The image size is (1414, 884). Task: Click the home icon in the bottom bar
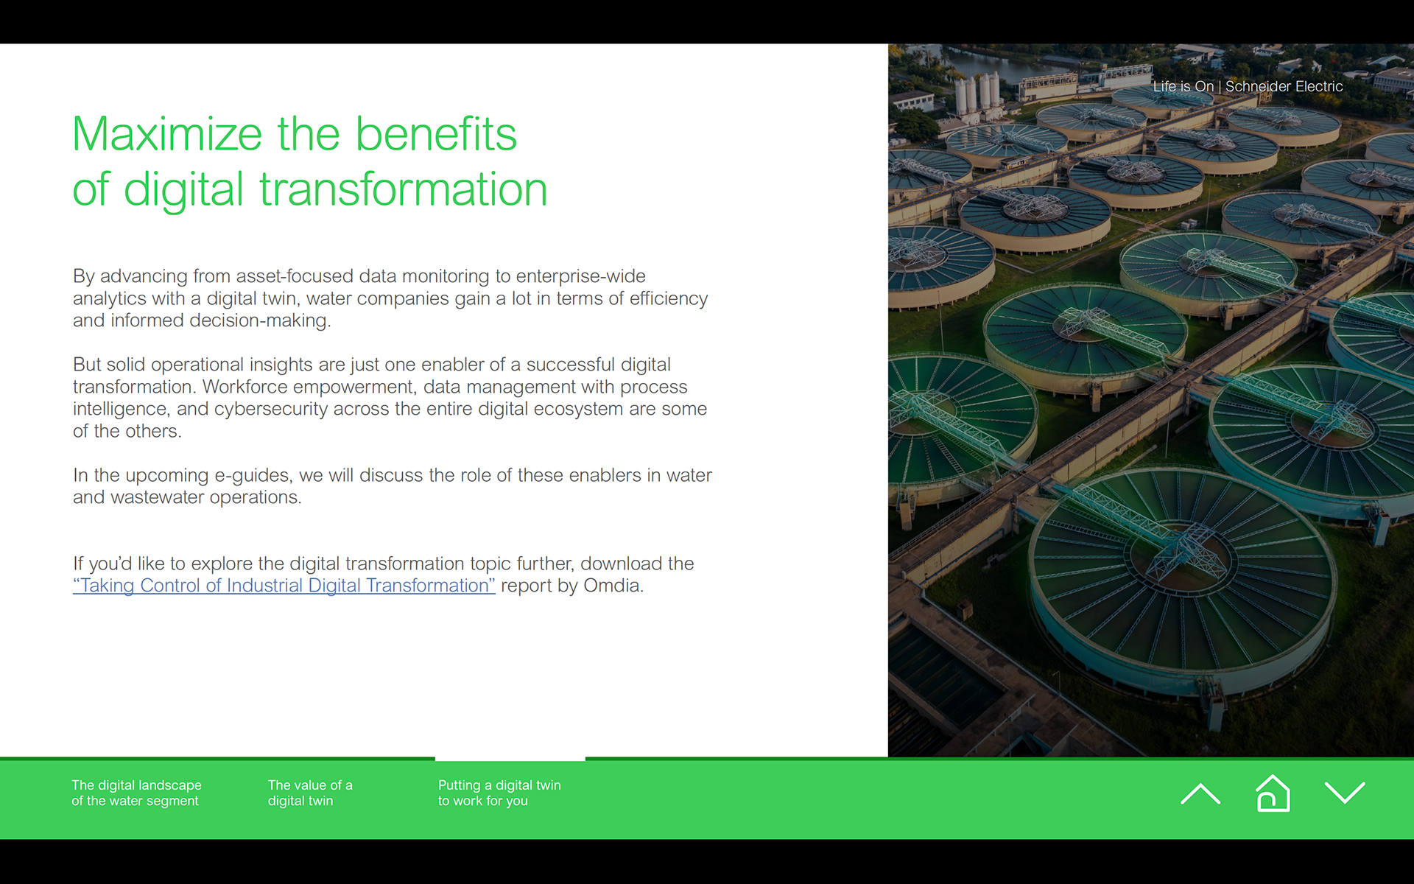click(x=1273, y=793)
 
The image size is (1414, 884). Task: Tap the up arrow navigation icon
click(x=1200, y=793)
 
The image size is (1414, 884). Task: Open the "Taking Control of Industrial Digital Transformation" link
click(x=284, y=586)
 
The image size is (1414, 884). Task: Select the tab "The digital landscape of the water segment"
click(x=136, y=793)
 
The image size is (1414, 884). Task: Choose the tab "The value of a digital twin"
click(x=310, y=793)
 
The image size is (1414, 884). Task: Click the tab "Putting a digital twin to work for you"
click(x=499, y=793)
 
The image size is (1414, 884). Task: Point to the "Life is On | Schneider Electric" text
click(x=1248, y=86)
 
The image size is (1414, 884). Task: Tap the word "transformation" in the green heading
click(x=404, y=189)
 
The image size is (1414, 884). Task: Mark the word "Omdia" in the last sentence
click(x=613, y=586)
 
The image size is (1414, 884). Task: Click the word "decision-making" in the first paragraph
click(x=260, y=320)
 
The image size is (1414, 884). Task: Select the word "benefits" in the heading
click(x=436, y=134)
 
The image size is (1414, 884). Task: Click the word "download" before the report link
click(x=621, y=564)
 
